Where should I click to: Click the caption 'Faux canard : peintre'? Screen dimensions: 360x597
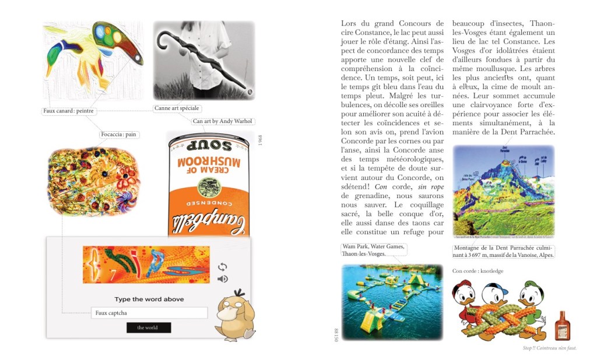tap(69, 111)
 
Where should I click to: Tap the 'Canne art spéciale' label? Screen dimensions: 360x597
tap(177, 108)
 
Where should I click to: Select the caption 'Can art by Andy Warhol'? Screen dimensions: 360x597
tap(222, 121)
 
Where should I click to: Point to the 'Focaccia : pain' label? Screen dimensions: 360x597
tap(118, 135)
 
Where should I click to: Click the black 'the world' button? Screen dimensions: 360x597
tap(149, 327)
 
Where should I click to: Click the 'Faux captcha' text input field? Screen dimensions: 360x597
tap(149, 313)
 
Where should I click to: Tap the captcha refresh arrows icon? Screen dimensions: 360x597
tap(222, 267)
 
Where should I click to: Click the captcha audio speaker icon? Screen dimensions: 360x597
tap(222, 279)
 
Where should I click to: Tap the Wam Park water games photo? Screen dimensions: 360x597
tap(392, 302)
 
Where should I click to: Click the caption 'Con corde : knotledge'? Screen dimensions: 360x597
tap(477, 271)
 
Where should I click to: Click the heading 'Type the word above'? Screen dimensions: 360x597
tap(149, 299)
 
